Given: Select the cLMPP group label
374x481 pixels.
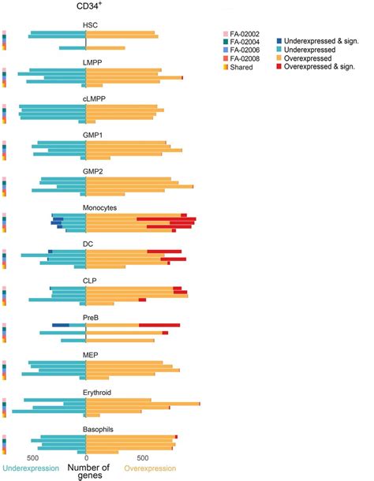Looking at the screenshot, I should (93, 99).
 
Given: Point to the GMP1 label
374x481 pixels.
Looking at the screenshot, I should (93, 135).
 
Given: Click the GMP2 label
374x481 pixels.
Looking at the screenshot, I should (93, 171).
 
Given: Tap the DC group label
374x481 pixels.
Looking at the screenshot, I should (89, 244).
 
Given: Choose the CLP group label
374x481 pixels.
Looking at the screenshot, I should (91, 280).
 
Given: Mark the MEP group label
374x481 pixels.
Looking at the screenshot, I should (92, 353).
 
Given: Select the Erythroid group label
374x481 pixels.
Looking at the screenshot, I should (97, 390).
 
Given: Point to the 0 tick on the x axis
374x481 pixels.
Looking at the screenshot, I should (86, 456).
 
